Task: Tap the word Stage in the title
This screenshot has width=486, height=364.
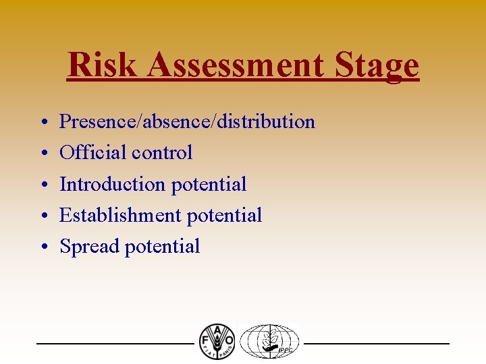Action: tap(382, 65)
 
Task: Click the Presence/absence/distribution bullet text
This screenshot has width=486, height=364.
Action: tap(187, 122)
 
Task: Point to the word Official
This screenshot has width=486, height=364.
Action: tap(92, 153)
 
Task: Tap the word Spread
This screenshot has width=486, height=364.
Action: tap(89, 247)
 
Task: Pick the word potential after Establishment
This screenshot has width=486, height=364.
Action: tap(224, 215)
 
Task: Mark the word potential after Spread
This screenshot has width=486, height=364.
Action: tap(162, 247)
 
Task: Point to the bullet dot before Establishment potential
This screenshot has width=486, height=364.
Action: tap(43, 216)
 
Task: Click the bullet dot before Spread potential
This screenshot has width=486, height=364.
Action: tap(43, 247)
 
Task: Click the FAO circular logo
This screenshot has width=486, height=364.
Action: tap(217, 341)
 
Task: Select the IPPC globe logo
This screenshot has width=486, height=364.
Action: tap(271, 341)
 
